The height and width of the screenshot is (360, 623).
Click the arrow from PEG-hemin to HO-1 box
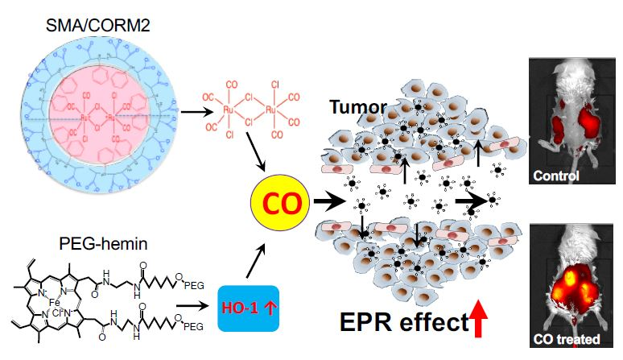[190, 308]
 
